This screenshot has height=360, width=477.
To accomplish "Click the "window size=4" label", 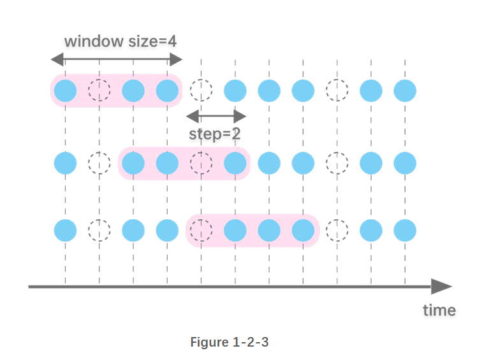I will click(120, 41).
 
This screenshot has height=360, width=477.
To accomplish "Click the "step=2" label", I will click(214, 134).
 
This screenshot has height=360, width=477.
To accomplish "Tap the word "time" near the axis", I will click(439, 310).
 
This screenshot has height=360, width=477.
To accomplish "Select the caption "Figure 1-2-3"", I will click(230, 342).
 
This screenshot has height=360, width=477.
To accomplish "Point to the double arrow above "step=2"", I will click(216, 116).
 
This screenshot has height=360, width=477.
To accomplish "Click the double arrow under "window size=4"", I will click(117, 60).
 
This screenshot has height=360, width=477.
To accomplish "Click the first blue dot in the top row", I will click(65, 91).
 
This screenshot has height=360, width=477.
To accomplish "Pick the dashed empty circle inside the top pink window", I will click(99, 91).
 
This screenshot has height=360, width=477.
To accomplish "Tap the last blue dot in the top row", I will click(404, 91).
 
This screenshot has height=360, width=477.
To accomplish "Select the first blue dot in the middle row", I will click(65, 163).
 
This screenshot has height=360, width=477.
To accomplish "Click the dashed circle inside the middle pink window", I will click(201, 163).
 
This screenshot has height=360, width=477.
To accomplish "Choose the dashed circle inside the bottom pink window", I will click(201, 229).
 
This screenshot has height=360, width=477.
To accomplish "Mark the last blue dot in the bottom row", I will click(404, 229).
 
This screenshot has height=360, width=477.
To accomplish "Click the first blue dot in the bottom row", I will click(65, 229).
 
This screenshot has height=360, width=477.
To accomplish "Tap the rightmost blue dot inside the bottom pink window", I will click(303, 229).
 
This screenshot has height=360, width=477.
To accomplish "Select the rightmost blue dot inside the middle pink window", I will click(235, 163).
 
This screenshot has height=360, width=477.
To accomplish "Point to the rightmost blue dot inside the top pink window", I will click(167, 91).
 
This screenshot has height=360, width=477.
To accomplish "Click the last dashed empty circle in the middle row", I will click(337, 163).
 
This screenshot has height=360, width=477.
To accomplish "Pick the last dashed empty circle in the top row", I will click(337, 91).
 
